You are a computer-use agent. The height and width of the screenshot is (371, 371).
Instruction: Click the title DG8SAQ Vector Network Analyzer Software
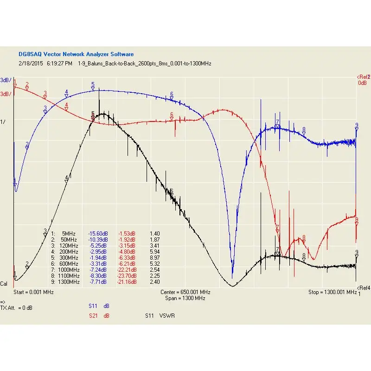(76, 54)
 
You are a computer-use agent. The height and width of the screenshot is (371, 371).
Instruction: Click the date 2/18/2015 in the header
(31, 64)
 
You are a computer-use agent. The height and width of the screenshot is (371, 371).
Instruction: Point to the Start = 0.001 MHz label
(33, 293)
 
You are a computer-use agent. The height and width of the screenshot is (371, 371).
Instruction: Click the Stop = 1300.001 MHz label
(332, 293)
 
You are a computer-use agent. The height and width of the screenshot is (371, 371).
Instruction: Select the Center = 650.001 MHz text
(185, 293)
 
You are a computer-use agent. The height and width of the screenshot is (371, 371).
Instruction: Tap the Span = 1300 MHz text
(185, 299)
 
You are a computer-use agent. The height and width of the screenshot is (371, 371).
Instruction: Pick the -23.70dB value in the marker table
(126, 275)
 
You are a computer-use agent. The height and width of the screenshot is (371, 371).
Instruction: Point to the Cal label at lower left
(4, 284)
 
